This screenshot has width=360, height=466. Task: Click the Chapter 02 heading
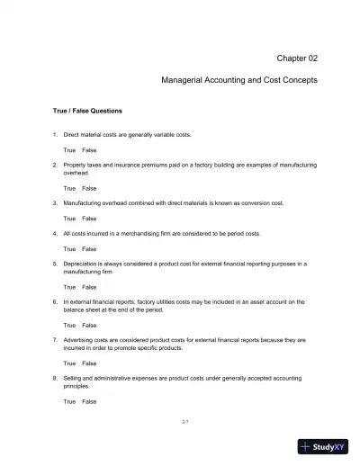coord(296,58)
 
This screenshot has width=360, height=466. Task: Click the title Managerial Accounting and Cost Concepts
coord(238,80)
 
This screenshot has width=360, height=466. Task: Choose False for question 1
coord(89,149)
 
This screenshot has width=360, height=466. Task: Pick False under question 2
coord(89,188)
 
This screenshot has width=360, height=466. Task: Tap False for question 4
coord(89,248)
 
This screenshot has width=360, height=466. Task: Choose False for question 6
coord(89,325)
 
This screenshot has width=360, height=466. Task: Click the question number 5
coord(55,264)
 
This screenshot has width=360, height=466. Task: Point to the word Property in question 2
coord(76,165)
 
